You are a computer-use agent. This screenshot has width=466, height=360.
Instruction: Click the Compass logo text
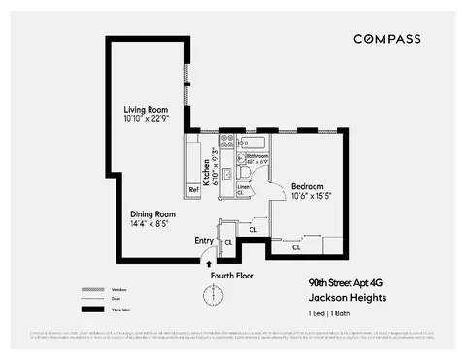point(386,39)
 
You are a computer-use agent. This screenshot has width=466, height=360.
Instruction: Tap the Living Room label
point(147,109)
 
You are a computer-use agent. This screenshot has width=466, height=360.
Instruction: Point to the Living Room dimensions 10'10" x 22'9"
point(147,119)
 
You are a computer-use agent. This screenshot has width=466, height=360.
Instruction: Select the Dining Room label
point(152,213)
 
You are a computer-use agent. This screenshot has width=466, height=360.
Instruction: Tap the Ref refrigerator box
point(193,189)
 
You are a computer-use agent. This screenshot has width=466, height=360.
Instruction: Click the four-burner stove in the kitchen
point(227,140)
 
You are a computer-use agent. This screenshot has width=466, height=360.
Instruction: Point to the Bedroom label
point(307,185)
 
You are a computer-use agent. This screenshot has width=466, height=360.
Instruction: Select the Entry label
point(204,241)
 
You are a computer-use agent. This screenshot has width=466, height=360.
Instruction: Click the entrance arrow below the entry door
point(208,262)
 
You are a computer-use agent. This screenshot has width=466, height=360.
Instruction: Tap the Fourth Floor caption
point(233,276)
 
